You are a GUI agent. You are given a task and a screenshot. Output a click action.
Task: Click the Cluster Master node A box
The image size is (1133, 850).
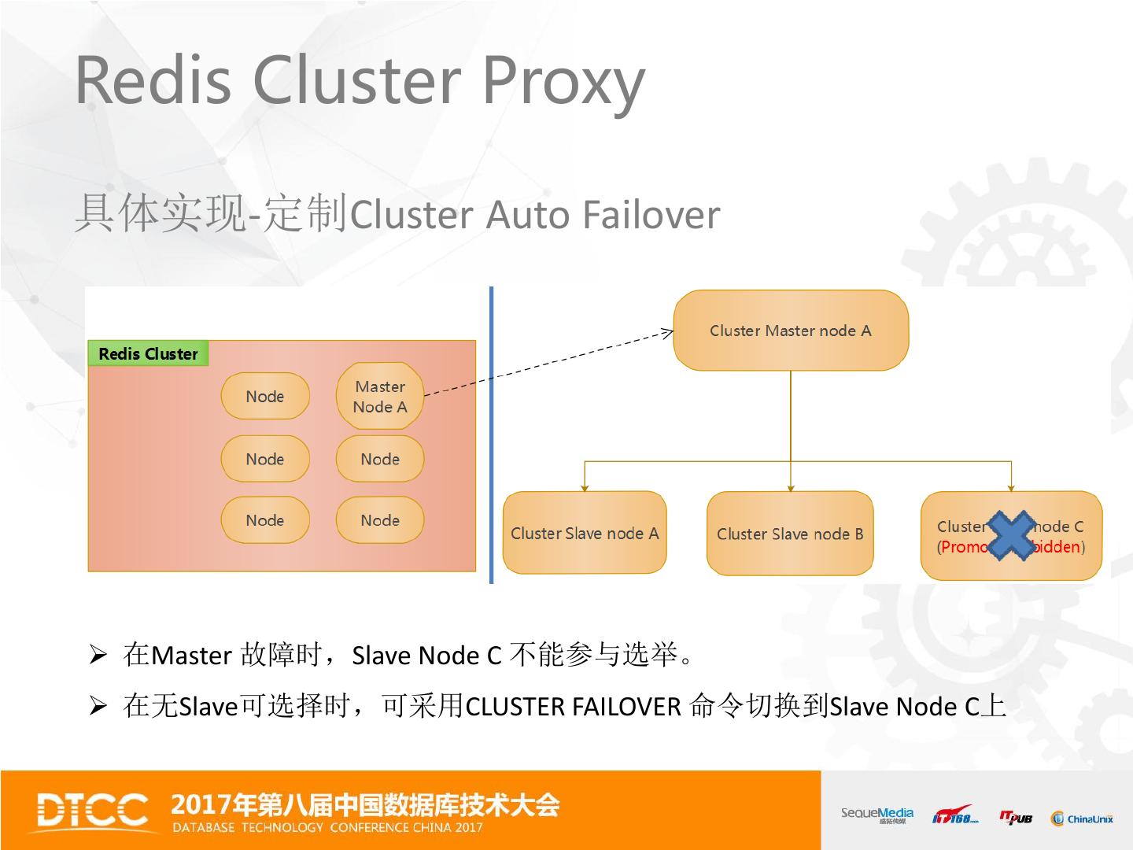click(x=790, y=331)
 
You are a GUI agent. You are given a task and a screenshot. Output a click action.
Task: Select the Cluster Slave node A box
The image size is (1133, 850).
click(x=585, y=533)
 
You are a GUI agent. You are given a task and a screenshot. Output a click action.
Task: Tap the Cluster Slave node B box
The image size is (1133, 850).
click(x=790, y=534)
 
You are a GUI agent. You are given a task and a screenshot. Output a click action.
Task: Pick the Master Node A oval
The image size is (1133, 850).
click(x=380, y=397)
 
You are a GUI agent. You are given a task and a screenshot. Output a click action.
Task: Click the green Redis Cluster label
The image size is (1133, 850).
click(x=148, y=354)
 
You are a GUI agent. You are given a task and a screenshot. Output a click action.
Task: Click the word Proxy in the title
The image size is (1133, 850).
click(x=563, y=80)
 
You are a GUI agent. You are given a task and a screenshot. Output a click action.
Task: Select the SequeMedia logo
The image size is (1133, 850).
click(x=877, y=815)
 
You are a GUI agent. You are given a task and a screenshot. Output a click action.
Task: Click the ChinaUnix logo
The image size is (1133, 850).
click(x=1082, y=819)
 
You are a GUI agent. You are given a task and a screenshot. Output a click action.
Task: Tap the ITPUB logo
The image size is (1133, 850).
click(x=1016, y=818)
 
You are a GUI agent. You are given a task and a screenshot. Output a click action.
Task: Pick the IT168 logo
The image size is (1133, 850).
click(x=955, y=816)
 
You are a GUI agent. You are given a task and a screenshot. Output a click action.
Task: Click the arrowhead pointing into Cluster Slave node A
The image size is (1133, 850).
click(x=585, y=487)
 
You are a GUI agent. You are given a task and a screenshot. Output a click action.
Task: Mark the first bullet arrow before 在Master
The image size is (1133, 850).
click(x=98, y=654)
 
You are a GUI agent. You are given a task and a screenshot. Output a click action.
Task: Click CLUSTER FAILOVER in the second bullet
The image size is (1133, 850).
click(x=573, y=707)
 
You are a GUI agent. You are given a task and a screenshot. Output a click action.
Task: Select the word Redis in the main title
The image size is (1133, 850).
click(x=153, y=80)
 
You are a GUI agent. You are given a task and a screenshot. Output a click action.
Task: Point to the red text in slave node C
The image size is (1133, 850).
click(x=965, y=547)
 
